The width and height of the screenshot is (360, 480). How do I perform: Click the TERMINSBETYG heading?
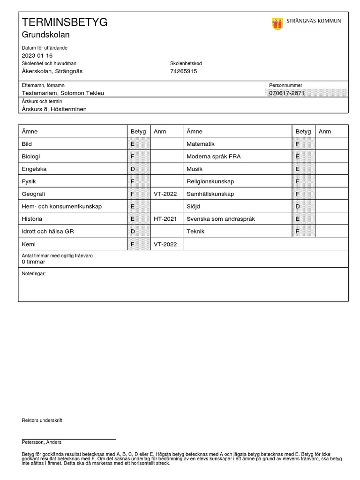point(65,22)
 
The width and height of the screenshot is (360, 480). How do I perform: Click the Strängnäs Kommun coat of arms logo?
point(277,23)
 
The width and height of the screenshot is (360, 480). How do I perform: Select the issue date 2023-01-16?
point(37,55)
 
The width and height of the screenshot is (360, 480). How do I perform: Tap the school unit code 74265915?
point(183,71)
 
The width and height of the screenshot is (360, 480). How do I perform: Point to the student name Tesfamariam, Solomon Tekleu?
point(63,93)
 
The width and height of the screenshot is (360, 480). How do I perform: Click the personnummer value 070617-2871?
point(286,93)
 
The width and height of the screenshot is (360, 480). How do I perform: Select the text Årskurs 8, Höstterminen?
point(54,109)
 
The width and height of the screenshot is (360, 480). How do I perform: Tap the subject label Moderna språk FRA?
point(213,156)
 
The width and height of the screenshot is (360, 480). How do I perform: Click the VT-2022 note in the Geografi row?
point(165,194)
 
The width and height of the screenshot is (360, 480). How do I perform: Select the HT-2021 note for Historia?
point(165,219)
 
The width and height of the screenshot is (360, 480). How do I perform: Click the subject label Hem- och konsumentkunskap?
point(61,206)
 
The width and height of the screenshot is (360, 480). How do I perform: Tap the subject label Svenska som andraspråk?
point(220,219)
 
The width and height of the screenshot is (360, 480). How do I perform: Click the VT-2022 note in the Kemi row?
point(165,244)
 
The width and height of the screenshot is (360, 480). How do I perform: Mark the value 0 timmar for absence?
point(33,262)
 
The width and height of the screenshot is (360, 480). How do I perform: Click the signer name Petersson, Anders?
point(41,442)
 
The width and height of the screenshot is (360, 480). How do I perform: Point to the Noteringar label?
point(34,273)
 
